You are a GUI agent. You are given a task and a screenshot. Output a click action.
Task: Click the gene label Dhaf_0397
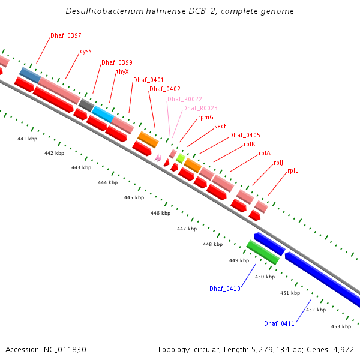pyautogui.click(x=66, y=36)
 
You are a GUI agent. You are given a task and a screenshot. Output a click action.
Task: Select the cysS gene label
pyautogui.click(x=86, y=52)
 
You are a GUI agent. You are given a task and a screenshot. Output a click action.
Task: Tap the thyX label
pyautogui.click(x=122, y=71)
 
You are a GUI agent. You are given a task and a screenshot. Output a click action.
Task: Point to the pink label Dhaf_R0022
pyautogui.click(x=185, y=99)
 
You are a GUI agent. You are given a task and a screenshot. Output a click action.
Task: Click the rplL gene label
pyautogui.click(x=293, y=171)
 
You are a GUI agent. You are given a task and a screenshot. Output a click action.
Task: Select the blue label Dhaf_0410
pyautogui.click(x=225, y=289)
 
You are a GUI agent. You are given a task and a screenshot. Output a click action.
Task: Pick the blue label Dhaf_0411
pyautogui.click(x=280, y=323)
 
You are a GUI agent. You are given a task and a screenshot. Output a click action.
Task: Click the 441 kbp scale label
pyautogui.click(x=27, y=139)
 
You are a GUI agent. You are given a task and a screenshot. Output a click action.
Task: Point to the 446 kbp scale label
pyautogui.click(x=160, y=213)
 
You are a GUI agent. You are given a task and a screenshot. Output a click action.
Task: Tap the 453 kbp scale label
pyautogui.click(x=341, y=326)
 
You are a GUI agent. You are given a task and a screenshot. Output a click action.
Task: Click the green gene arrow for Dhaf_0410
pyautogui.click(x=262, y=252)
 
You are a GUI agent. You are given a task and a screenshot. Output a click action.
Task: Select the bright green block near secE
pyautogui.click(x=181, y=158)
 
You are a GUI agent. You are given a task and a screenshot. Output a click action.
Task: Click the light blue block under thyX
pyautogui.click(x=103, y=113)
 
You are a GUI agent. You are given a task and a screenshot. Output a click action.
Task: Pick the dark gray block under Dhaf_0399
pyautogui.click(x=86, y=105)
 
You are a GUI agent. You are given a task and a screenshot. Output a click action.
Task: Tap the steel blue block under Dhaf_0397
pyautogui.click(x=29, y=75)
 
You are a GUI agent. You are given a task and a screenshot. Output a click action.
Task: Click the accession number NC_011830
pyautogui.click(x=65, y=349)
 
